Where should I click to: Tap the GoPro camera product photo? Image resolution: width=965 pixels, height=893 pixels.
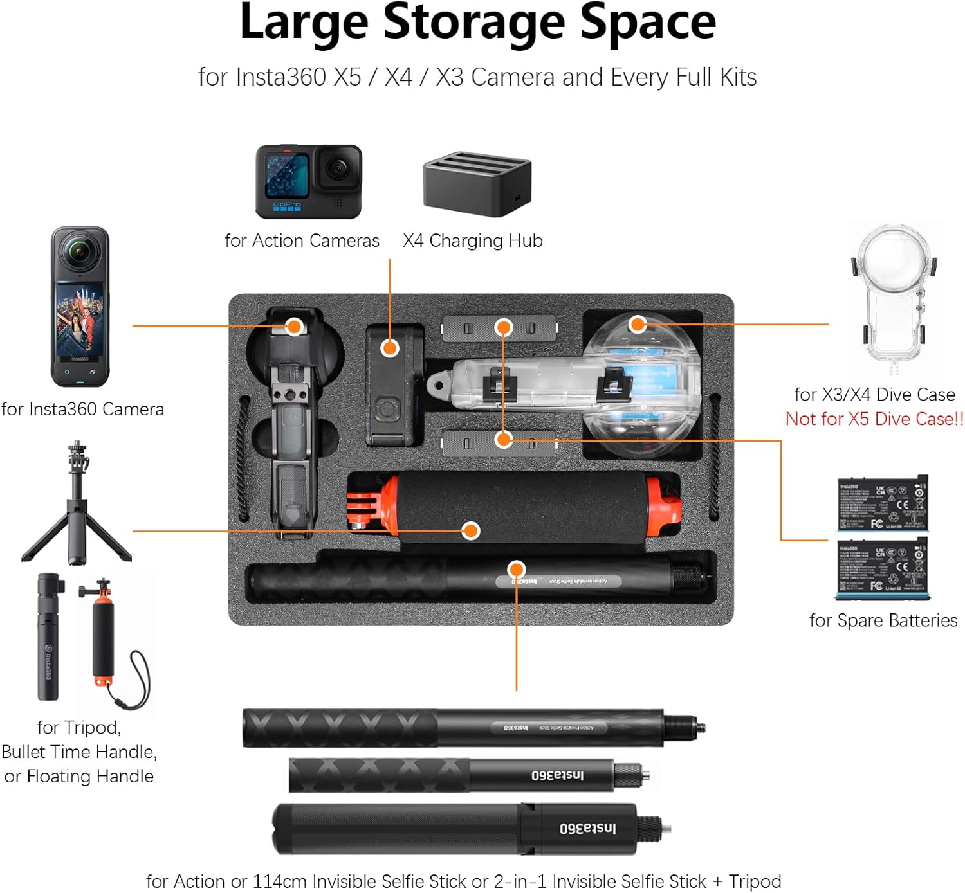[x=309, y=181]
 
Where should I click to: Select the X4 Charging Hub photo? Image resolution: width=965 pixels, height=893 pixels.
[x=477, y=184]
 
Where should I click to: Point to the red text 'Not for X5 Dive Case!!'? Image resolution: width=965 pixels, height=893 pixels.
[x=874, y=419]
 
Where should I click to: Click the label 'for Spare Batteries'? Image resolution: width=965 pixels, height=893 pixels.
[x=883, y=620]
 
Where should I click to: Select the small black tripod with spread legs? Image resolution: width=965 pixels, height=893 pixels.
[x=77, y=508]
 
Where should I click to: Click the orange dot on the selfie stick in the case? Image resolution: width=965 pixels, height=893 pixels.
[x=517, y=570]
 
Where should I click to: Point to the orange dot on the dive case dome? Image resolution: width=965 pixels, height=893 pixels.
[x=638, y=324]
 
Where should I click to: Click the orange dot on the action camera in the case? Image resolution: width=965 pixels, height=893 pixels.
[x=390, y=348]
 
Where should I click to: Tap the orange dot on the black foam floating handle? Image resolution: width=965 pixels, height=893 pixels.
[x=472, y=530]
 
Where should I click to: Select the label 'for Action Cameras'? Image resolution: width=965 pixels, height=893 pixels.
[x=302, y=240]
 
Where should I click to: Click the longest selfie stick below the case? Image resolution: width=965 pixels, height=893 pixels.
[x=473, y=728]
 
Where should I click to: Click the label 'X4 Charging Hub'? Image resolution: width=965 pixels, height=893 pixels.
[x=473, y=240]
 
